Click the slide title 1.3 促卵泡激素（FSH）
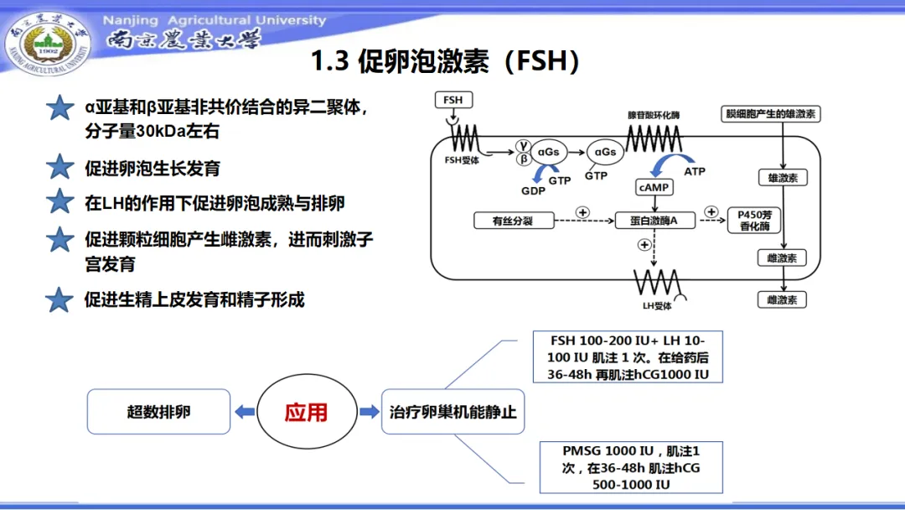[x=445, y=61]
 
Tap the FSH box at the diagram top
[x=452, y=100]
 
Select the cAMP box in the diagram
[x=654, y=187]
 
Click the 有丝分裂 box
[x=515, y=221]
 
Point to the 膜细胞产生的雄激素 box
[x=772, y=113]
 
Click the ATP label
[x=695, y=171]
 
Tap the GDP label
[x=533, y=190]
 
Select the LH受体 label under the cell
[x=657, y=306]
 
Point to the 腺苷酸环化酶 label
[x=654, y=114]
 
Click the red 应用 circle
[x=305, y=412]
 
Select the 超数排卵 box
[x=158, y=412]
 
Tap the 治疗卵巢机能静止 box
[x=452, y=412]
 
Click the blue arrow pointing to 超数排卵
[x=245, y=412]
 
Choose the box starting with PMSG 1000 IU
[x=628, y=467]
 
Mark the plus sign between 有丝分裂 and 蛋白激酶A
[x=582, y=211]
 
